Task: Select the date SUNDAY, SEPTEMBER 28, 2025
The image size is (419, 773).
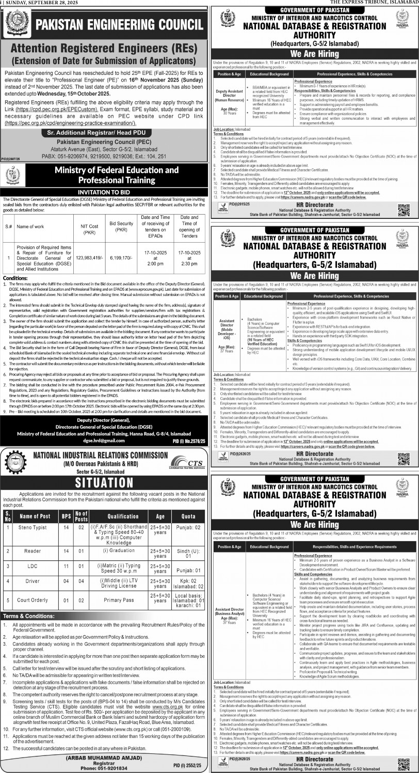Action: [39, 3]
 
